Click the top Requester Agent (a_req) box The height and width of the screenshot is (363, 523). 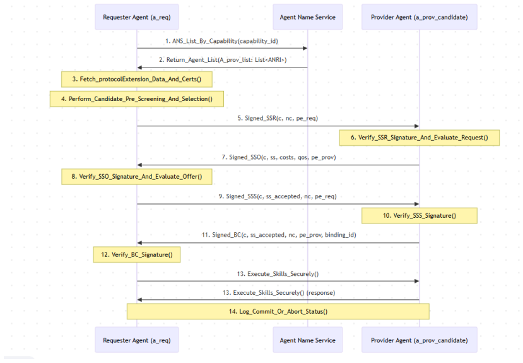pyautogui.click(x=137, y=17)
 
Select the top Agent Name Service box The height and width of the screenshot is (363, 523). pyautogui.click(x=307, y=17)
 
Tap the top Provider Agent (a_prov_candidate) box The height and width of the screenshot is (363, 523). pyautogui.click(x=420, y=17)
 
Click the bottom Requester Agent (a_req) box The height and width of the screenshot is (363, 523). pyautogui.click(x=137, y=340)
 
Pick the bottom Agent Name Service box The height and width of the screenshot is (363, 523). pyautogui.click(x=307, y=340)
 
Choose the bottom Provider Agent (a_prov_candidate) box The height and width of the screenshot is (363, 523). pyautogui.click(x=420, y=340)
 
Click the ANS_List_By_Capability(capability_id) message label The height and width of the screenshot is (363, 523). pyautogui.click(x=222, y=41)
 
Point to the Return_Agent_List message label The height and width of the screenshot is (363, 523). pyautogui.click(x=223, y=60)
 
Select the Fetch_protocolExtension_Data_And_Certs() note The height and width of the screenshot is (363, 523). pyautogui.click(x=137, y=80)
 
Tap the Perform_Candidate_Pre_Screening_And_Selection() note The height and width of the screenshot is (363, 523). pyautogui.click(x=137, y=98)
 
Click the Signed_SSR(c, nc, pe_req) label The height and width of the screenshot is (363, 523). pyautogui.click(x=278, y=119)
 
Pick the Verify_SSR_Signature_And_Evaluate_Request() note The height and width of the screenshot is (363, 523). pyautogui.click(x=420, y=138)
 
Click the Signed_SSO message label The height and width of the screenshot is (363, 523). pyautogui.click(x=278, y=157)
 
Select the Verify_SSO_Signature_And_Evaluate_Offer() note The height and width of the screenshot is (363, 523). pyautogui.click(x=137, y=177)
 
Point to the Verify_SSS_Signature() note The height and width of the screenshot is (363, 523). pyautogui.click(x=420, y=215)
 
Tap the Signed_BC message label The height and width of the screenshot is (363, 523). pyautogui.click(x=279, y=235)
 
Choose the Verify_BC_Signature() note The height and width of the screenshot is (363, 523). pyautogui.click(x=137, y=254)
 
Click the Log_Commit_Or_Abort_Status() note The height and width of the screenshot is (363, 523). pyautogui.click(x=278, y=311)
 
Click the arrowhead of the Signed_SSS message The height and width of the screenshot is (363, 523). pyautogui.click(x=416, y=204)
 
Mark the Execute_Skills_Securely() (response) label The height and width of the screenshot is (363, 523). pyautogui.click(x=279, y=292)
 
